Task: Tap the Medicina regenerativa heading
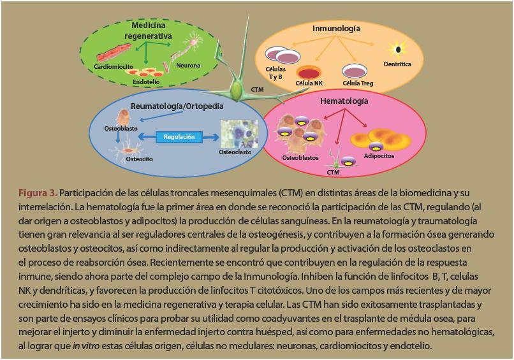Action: click(x=149, y=31)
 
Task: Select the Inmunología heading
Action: click(x=336, y=29)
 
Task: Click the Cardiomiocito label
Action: click(x=113, y=66)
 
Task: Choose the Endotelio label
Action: click(x=146, y=82)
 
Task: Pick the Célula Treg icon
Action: click(x=351, y=70)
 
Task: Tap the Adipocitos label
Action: click(x=379, y=156)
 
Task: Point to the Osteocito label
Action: click(x=139, y=160)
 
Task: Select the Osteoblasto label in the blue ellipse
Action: click(x=119, y=129)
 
